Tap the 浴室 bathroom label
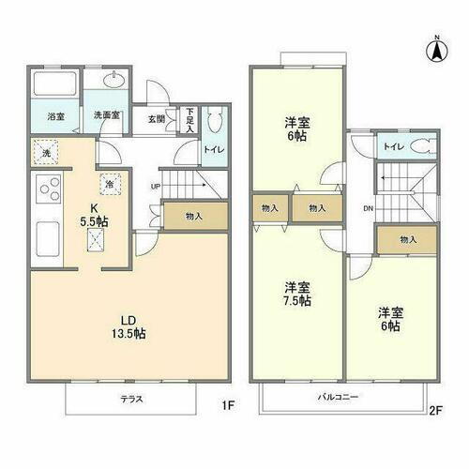click(x=56, y=117)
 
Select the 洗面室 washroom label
click(x=103, y=117)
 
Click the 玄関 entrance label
click(x=156, y=119)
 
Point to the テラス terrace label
click(x=131, y=397)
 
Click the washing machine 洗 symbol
click(x=44, y=152)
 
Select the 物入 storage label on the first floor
click(x=194, y=216)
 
